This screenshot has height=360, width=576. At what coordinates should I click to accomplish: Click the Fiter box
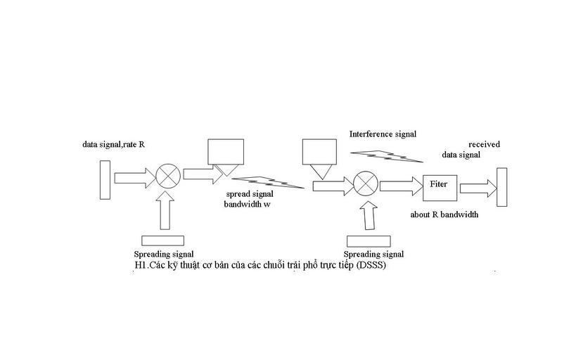(x=439, y=185)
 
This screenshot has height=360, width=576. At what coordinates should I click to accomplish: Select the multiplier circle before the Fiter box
(x=366, y=185)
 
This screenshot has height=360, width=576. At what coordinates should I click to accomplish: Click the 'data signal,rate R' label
(x=113, y=144)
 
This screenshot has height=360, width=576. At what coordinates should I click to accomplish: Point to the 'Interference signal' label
(x=383, y=134)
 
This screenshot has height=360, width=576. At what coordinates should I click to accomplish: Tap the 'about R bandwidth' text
(x=444, y=214)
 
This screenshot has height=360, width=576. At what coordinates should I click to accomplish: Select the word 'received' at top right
(x=484, y=144)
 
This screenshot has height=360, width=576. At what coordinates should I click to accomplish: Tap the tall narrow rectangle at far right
(x=501, y=187)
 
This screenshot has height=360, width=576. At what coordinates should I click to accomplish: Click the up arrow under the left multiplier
(x=166, y=210)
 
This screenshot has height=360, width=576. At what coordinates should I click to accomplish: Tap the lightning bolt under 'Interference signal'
(x=389, y=155)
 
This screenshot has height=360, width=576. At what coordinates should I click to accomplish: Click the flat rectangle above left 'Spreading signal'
(x=162, y=240)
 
